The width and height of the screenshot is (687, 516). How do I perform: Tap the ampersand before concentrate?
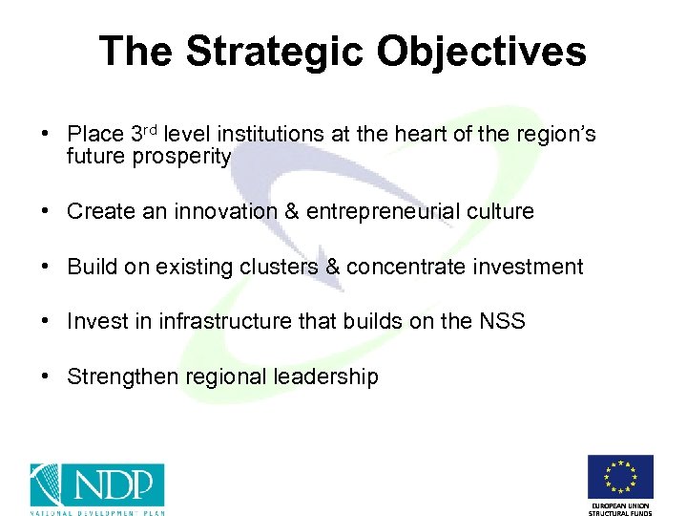click(x=333, y=267)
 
